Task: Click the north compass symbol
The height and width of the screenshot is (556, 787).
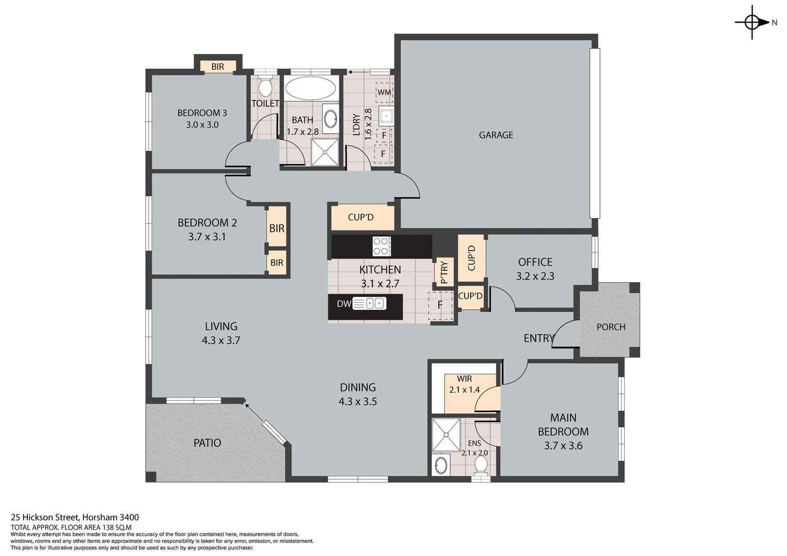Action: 752,22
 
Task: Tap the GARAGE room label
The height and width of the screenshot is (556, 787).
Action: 496,135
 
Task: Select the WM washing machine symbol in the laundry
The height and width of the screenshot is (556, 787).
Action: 384,92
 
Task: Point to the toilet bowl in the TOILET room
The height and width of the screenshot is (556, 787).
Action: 265,88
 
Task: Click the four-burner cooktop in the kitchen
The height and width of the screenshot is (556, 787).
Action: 382,246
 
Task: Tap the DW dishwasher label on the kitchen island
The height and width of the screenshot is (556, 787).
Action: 344,304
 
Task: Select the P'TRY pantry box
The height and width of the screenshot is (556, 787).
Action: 444,272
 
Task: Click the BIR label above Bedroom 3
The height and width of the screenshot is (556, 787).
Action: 217,67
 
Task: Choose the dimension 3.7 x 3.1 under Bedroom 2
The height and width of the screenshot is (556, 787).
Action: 207,237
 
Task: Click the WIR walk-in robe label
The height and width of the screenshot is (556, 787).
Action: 464,379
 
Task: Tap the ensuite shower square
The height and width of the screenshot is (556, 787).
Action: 446,435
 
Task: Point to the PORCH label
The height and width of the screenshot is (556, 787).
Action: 611,327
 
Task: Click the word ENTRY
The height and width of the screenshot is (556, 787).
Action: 539,338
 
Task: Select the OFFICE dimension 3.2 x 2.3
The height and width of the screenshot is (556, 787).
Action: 535,276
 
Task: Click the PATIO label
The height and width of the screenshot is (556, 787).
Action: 207,443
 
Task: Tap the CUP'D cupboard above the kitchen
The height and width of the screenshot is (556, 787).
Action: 361,217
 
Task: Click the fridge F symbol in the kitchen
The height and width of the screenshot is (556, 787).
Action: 440,305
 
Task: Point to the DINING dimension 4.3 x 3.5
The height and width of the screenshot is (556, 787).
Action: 357,402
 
